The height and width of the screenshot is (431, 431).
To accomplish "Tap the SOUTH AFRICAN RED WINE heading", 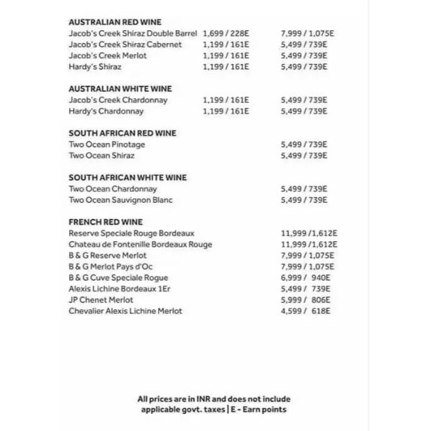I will click(x=122, y=134).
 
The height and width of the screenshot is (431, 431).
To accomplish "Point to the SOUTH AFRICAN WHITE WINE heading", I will click(x=127, y=178).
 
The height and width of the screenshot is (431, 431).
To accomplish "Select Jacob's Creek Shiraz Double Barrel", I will click(x=133, y=34).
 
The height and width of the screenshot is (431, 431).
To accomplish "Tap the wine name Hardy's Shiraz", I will click(x=95, y=67).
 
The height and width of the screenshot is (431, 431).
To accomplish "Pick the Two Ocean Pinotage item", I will click(x=106, y=144).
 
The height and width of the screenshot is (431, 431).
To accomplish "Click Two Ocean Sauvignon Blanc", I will click(x=121, y=200).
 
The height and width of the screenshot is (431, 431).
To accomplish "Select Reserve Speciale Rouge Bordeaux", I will click(x=131, y=233).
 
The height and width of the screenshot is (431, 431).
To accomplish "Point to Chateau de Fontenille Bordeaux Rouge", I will click(x=140, y=245).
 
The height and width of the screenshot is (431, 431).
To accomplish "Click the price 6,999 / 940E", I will click(x=305, y=278).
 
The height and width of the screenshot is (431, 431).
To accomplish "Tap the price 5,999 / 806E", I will click(x=305, y=300).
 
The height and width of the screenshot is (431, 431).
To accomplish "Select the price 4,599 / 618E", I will click(x=305, y=311).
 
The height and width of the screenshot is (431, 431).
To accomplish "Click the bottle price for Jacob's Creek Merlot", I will click(x=304, y=55).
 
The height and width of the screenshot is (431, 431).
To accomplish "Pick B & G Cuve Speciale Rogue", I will click(x=119, y=278).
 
